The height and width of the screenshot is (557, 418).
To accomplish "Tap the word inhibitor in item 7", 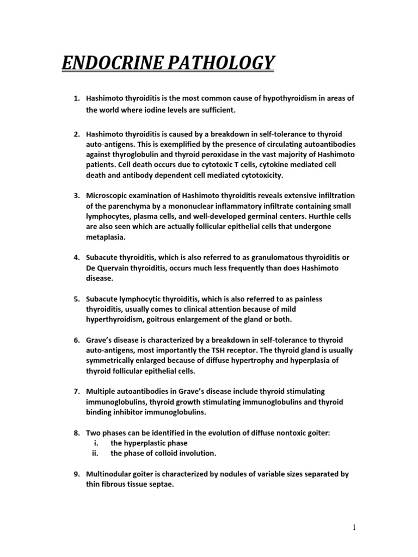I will coord(128,412).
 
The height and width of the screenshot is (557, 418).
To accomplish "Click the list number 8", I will coord(76,433).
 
